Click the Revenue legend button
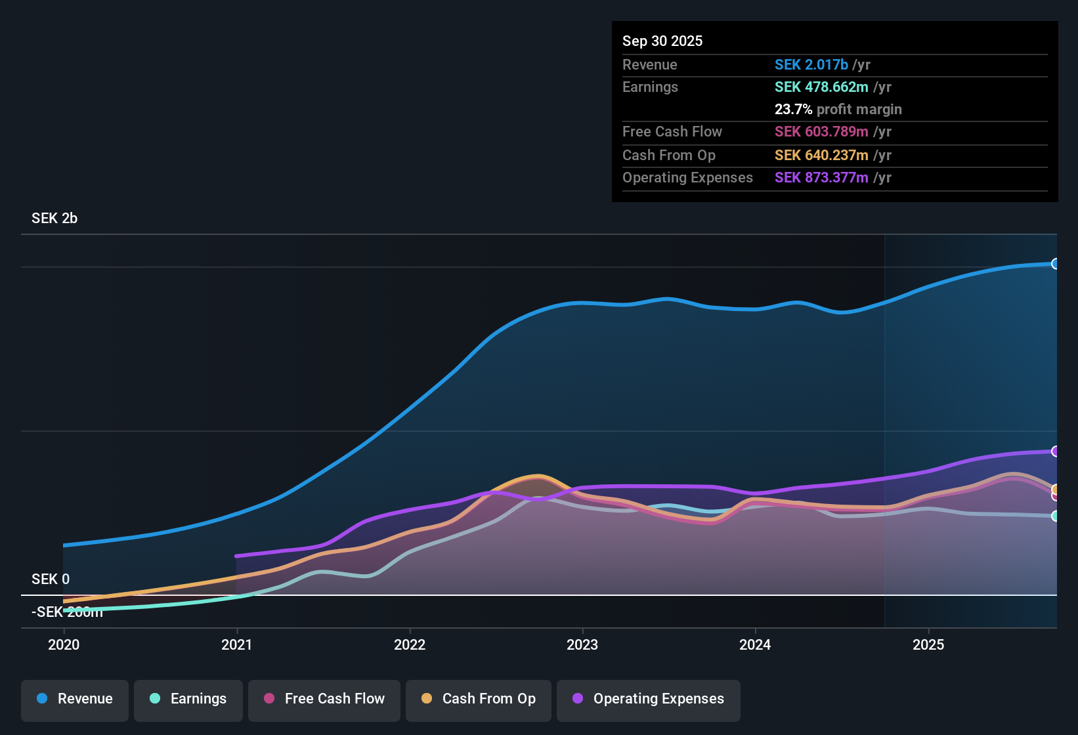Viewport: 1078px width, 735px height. pyautogui.click(x=75, y=699)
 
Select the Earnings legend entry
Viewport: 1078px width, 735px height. pyautogui.click(x=188, y=699)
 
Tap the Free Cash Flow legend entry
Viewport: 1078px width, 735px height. pyautogui.click(x=324, y=699)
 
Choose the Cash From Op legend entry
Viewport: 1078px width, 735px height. pyautogui.click(x=479, y=699)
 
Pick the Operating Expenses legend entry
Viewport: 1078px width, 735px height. pyautogui.click(x=649, y=699)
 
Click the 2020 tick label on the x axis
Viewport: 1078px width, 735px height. pyautogui.click(x=64, y=644)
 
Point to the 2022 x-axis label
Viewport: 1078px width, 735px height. pyautogui.click(x=410, y=644)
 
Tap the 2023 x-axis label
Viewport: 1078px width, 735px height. pyautogui.click(x=582, y=644)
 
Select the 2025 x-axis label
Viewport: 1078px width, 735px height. pyautogui.click(x=928, y=644)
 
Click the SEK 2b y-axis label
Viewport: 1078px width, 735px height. pyautogui.click(x=54, y=219)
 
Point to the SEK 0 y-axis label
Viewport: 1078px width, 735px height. pyautogui.click(x=51, y=579)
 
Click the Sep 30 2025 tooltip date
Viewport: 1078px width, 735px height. pyautogui.click(x=662, y=41)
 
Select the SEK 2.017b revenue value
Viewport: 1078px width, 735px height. pyautogui.click(x=811, y=64)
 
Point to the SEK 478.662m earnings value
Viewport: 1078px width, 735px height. pyautogui.click(x=821, y=87)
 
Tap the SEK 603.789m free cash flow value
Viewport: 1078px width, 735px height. pyautogui.click(x=821, y=131)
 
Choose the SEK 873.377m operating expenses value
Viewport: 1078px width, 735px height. pyautogui.click(x=821, y=177)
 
